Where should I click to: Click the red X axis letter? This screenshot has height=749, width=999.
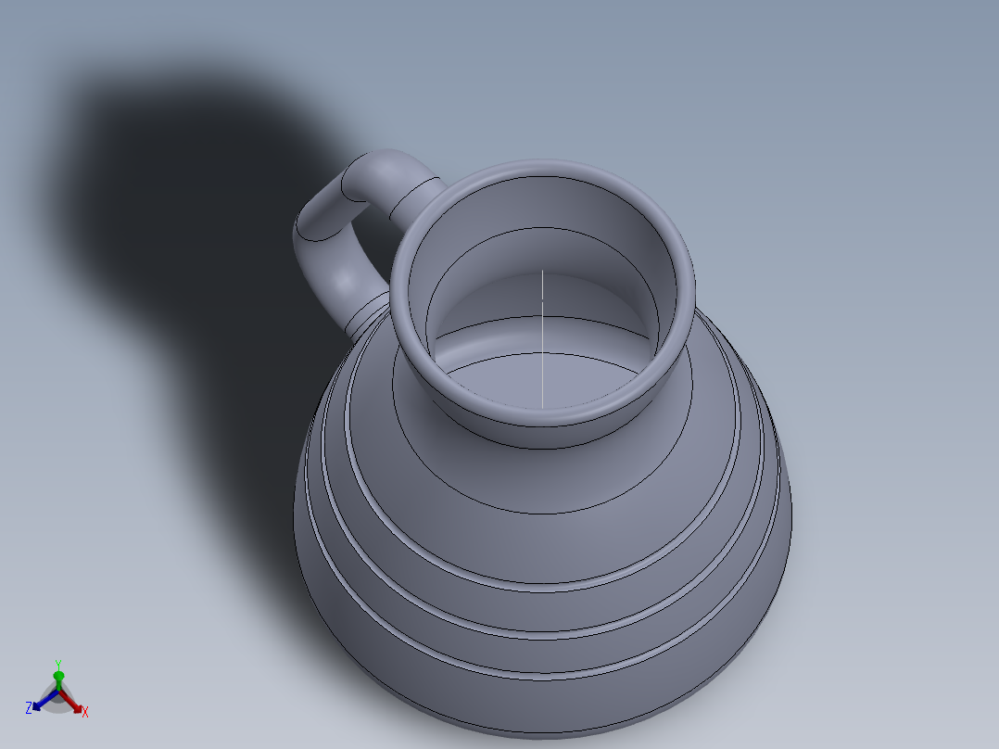[x=85, y=712]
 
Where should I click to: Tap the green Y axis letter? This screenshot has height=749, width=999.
[x=57, y=664]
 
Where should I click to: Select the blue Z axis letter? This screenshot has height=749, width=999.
[x=29, y=707]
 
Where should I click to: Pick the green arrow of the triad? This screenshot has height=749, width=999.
[x=57, y=679]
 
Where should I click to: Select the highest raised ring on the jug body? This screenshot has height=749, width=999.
[x=556, y=588]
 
